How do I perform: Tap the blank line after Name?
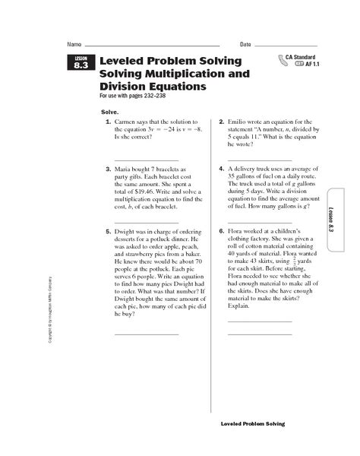152,45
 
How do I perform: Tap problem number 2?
220,122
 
